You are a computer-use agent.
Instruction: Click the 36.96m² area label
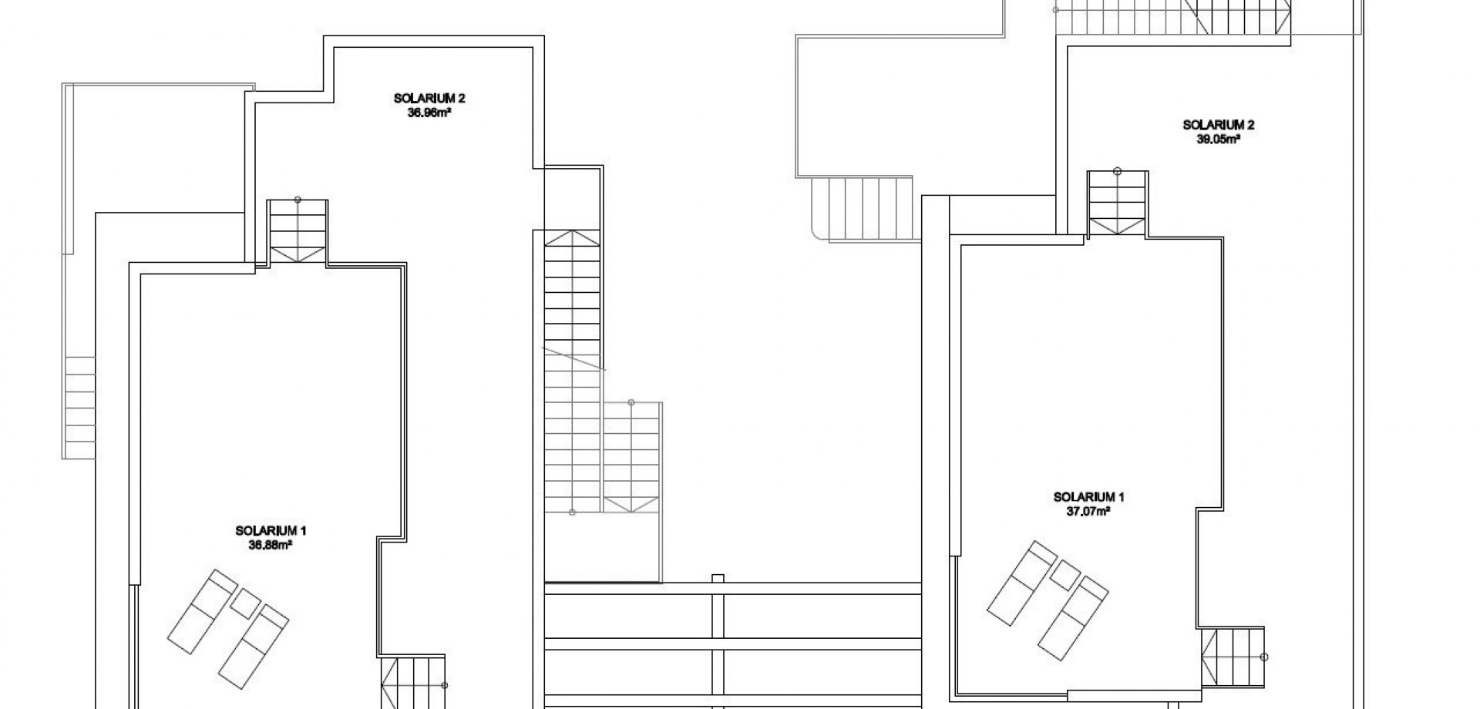pyautogui.click(x=429, y=112)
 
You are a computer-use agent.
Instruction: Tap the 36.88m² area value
pyautogui.click(x=271, y=544)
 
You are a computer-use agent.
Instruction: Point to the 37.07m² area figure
pyautogui.click(x=1088, y=511)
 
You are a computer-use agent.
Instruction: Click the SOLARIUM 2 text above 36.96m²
pyautogui.click(x=429, y=99)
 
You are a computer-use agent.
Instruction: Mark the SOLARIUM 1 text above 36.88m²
pyautogui.click(x=271, y=530)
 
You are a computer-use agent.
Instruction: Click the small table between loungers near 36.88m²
pyautogui.click(x=246, y=603)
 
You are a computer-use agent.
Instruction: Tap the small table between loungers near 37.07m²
pyautogui.click(x=1066, y=575)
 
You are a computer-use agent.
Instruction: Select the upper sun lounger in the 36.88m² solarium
pyautogui.click(x=202, y=601)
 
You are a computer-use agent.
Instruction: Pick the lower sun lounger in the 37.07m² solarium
pyautogui.click(x=1072, y=612)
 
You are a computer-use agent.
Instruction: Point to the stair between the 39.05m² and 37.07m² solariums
pyautogui.click(x=1117, y=204)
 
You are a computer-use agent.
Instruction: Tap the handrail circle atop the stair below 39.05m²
pyautogui.click(x=1117, y=171)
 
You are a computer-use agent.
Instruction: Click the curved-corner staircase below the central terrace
pyautogui.click(x=862, y=209)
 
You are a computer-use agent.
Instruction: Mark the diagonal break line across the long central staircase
pyautogui.click(x=574, y=359)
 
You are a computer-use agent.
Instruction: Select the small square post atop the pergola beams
pyautogui.click(x=718, y=578)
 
